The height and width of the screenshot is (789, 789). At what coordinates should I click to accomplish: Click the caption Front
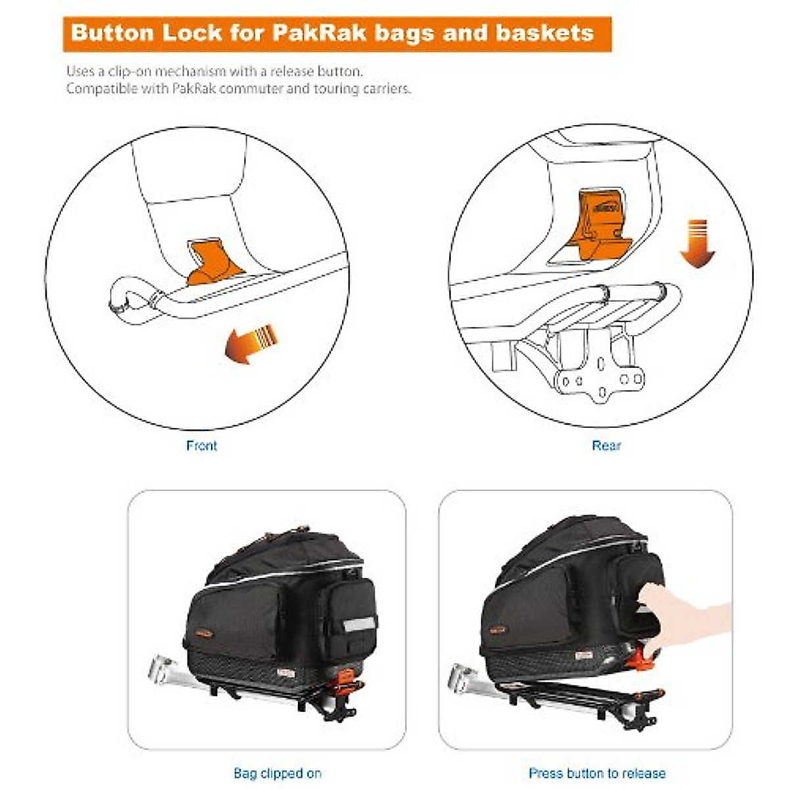[x=201, y=446]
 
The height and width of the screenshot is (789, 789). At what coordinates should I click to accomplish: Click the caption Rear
[x=606, y=446]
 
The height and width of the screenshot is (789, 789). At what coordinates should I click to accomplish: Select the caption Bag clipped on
[x=277, y=773]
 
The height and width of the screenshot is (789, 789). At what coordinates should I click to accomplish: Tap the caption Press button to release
[x=596, y=773]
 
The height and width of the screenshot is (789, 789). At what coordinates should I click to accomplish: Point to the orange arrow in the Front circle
[x=250, y=343]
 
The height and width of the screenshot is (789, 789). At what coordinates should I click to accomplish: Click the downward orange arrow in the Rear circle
[x=696, y=245]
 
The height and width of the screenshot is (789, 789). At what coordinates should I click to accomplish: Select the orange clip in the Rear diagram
[x=600, y=224]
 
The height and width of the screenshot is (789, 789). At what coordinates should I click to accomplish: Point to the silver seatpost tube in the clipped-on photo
[x=164, y=669]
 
